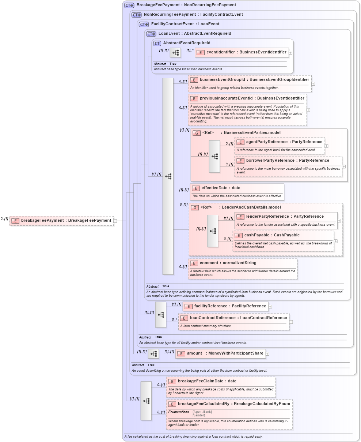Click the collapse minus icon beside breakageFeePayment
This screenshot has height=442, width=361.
pyautogui.click(x=115, y=221)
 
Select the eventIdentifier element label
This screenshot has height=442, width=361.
pyautogui.click(x=246, y=52)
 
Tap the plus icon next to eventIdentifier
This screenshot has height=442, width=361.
pyautogui.click(x=290, y=53)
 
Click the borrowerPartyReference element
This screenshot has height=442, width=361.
pyautogui.click(x=287, y=161)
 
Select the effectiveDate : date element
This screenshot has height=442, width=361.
pyautogui.click(x=221, y=188)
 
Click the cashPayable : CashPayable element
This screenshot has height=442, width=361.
pyautogui.click(x=271, y=235)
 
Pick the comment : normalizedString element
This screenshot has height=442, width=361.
pyautogui.click(x=228, y=263)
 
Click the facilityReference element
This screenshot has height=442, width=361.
pyautogui.click(x=230, y=306)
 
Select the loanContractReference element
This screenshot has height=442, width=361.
pyautogui.click(x=238, y=318)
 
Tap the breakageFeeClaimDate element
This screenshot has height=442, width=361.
pyautogui.click(x=207, y=381)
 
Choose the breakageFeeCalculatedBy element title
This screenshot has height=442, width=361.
pyautogui.click(x=233, y=404)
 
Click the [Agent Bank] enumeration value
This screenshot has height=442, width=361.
pyautogui.click(x=202, y=412)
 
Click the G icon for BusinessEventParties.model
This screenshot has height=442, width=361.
pyautogui.click(x=196, y=133)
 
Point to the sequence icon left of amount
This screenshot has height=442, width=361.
pyautogui.click(x=153, y=353)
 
